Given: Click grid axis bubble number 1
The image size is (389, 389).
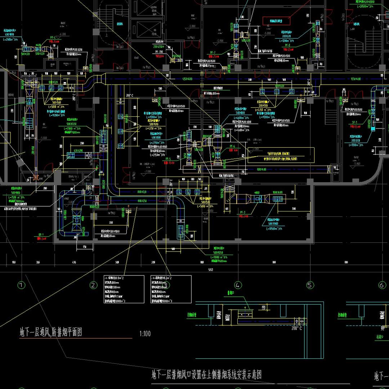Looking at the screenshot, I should (x=22, y=285).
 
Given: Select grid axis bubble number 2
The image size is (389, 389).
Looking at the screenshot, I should (x=94, y=285).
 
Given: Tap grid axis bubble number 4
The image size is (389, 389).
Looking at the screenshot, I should (x=237, y=285).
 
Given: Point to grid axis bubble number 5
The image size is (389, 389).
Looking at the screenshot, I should (x=310, y=285).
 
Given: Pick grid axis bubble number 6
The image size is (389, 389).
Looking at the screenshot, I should (x=382, y=285).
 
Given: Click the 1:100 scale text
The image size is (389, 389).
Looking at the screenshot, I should (x=145, y=334).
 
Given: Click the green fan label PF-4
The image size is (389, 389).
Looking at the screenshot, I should (x=53, y=37).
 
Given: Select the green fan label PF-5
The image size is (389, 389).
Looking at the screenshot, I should (x=168, y=159).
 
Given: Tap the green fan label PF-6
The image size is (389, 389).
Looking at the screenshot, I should (x=232, y=146).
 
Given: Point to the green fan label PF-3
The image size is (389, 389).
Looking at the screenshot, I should (x=242, y=212).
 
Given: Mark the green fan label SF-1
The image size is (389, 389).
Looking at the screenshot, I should (x=354, y=122).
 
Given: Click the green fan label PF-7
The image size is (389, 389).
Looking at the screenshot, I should (x=213, y=53).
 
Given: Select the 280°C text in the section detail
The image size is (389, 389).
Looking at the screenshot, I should (x=297, y=328).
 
